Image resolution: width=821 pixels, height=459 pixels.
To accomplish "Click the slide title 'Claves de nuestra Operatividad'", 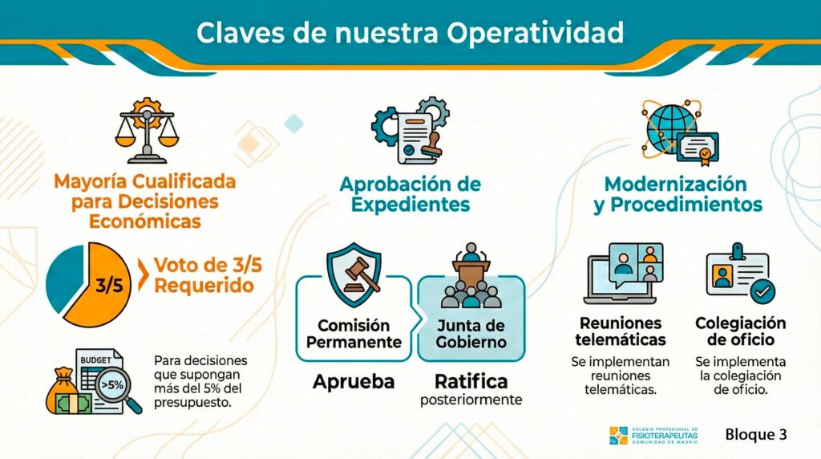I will click(x=410, y=33).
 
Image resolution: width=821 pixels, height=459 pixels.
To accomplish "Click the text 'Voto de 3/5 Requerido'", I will click(x=204, y=275).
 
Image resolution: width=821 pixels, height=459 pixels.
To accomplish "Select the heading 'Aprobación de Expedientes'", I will click(x=410, y=193).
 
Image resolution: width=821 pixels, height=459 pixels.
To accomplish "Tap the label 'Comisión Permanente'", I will click(x=354, y=334).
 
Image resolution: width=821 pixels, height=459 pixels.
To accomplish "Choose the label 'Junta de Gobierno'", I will click(x=471, y=334).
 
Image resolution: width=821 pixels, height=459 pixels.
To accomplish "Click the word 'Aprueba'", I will click(x=354, y=381).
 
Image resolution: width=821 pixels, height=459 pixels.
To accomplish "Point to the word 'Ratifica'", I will click(x=471, y=380).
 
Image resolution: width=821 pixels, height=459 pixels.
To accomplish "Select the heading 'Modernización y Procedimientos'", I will click(x=677, y=194).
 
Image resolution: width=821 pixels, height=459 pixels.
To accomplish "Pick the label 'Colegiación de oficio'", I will click(x=740, y=331).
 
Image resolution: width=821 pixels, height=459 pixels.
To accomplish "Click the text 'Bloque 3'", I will click(x=756, y=435).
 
